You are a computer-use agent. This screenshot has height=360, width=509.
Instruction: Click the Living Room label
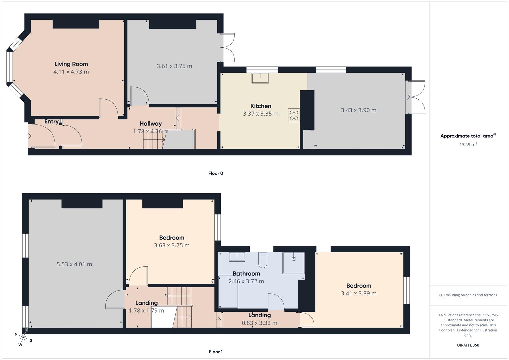coord(71,64)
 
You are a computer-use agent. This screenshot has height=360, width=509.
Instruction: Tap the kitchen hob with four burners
coord(294,115)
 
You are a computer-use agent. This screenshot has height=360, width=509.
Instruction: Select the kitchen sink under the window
coord(260,78)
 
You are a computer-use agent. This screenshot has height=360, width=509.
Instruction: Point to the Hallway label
coord(151,124)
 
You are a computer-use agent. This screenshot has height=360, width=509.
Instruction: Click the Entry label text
coord(51,122)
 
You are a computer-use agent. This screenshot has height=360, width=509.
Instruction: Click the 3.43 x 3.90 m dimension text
coord(358,110)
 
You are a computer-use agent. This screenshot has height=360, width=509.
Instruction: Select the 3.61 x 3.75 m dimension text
coord(174,66)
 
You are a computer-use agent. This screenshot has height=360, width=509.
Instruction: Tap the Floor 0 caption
coord(216,173)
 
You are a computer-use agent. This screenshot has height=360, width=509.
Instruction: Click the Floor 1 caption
coord(216,352)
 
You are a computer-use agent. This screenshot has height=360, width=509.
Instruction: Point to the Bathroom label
coord(246,274)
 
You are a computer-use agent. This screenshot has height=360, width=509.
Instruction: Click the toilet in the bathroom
coord(263,260)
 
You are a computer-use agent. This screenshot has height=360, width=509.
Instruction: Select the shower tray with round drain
coord(293,263)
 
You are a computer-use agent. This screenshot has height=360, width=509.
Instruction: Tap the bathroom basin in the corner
coord(237,257)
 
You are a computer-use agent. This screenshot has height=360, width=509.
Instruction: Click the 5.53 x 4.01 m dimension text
coord(74,264)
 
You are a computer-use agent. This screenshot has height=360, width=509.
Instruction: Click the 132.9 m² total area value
coord(468,145)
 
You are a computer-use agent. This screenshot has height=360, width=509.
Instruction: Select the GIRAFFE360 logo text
coord(468,345)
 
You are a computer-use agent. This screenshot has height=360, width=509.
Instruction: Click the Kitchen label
coord(261,106)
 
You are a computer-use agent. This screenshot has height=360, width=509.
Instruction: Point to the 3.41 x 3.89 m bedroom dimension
coord(359,294)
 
